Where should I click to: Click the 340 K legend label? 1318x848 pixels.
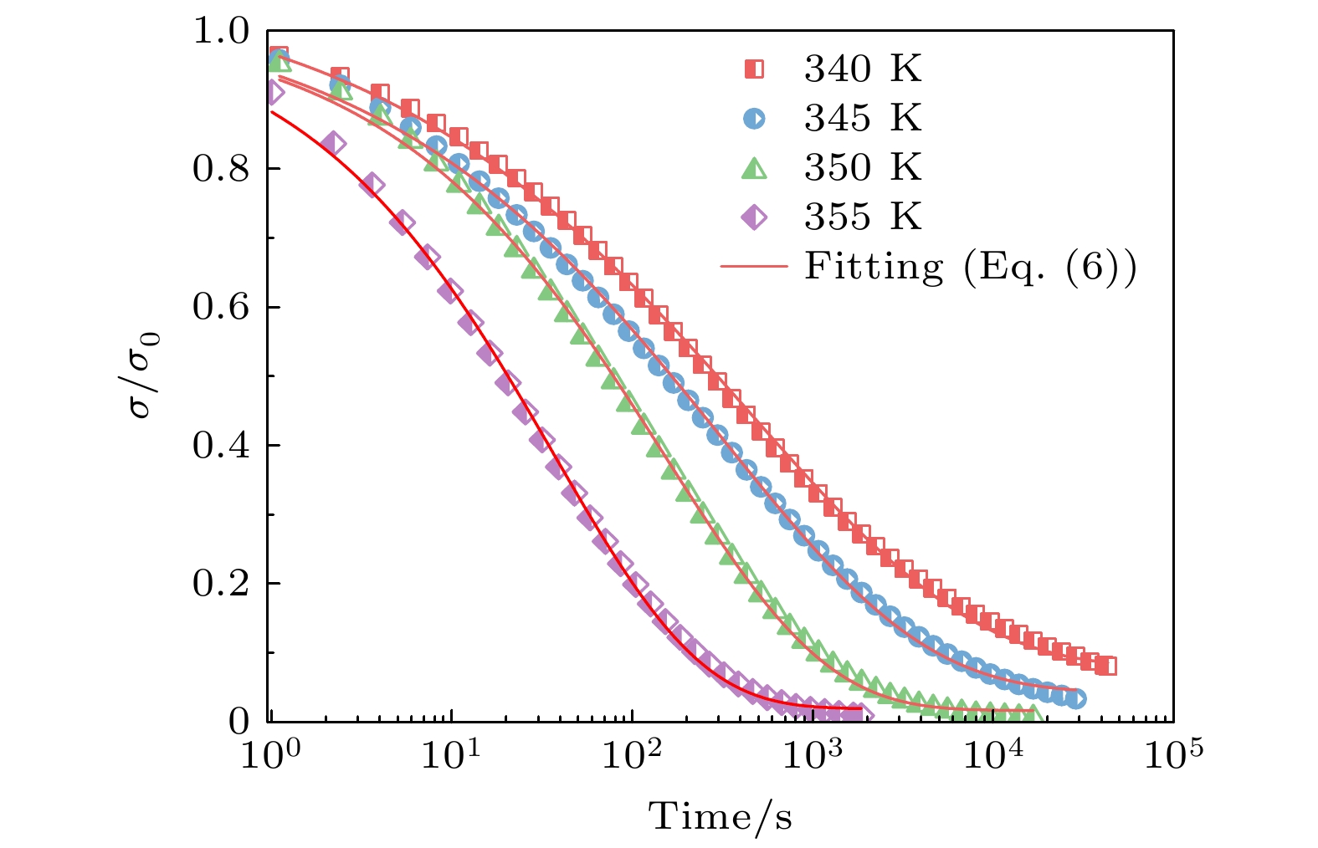863,69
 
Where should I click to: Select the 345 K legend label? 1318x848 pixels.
863,119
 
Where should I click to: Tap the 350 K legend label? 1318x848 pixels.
863,168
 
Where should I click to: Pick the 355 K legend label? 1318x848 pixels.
863,217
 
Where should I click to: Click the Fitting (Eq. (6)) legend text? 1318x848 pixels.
970,267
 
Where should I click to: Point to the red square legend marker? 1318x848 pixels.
754,69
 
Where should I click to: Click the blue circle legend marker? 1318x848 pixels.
754,119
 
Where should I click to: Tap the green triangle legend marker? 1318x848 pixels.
754,169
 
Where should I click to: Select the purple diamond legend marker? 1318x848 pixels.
754,218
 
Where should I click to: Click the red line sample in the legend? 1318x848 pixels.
754,268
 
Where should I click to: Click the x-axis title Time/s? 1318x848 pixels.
721,816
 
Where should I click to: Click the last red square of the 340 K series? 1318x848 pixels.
1106,666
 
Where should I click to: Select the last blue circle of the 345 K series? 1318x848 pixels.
1076,698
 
